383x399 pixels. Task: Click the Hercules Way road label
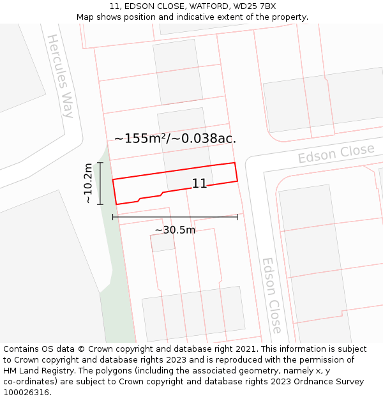(61, 76)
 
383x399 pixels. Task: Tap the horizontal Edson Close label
(336, 154)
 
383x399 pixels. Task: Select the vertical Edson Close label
(271, 296)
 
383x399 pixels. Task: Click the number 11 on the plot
(199, 184)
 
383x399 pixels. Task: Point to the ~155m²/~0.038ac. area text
(175, 138)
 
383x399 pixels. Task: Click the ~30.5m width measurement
(175, 230)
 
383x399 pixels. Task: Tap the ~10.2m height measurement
(88, 183)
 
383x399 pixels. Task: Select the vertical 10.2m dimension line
(100, 183)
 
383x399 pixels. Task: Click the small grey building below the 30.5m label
(162, 243)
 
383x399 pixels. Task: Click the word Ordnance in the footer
(312, 382)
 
